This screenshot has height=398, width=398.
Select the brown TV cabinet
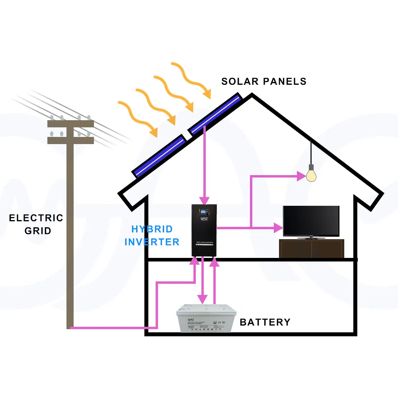click(x=311, y=248)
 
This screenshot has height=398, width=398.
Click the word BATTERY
click(x=265, y=322)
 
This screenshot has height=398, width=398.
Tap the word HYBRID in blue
click(x=152, y=229)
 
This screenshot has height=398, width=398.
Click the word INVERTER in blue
click(x=152, y=242)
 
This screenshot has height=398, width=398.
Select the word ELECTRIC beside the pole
click(x=36, y=218)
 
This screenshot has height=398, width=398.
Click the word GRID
click(x=38, y=230)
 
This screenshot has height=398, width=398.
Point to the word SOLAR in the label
click(x=238, y=82)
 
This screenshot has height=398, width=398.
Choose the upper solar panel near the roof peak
click(x=215, y=114)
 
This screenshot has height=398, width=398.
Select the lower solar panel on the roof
click(x=159, y=156)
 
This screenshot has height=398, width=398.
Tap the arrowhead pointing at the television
click(x=278, y=228)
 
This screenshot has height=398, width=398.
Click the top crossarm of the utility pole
click(x=70, y=124)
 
